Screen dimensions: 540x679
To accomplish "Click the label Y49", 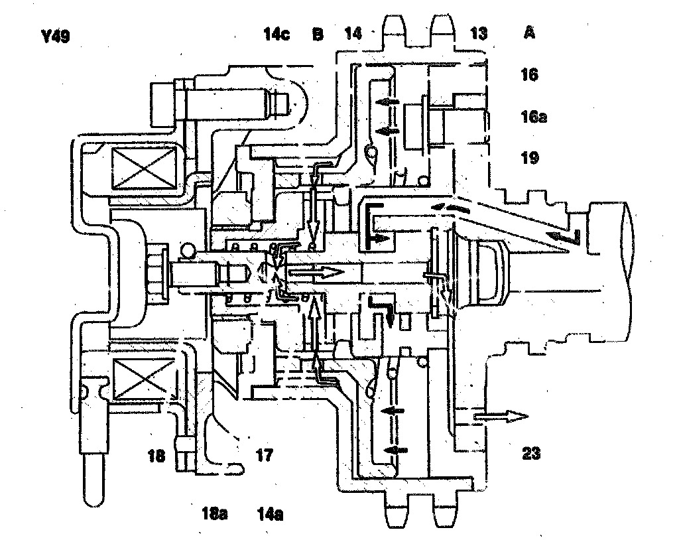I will (x=55, y=34).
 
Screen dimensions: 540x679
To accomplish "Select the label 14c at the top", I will (x=275, y=34).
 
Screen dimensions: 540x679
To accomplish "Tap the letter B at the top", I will (x=318, y=34).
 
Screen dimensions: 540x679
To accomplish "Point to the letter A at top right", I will (x=529, y=34).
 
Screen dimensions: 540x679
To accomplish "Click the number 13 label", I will (x=478, y=34).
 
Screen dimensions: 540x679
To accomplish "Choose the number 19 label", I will (x=529, y=158).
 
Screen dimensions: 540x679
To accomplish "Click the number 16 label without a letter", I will (x=529, y=74).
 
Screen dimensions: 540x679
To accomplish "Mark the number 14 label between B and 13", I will (x=353, y=34).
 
